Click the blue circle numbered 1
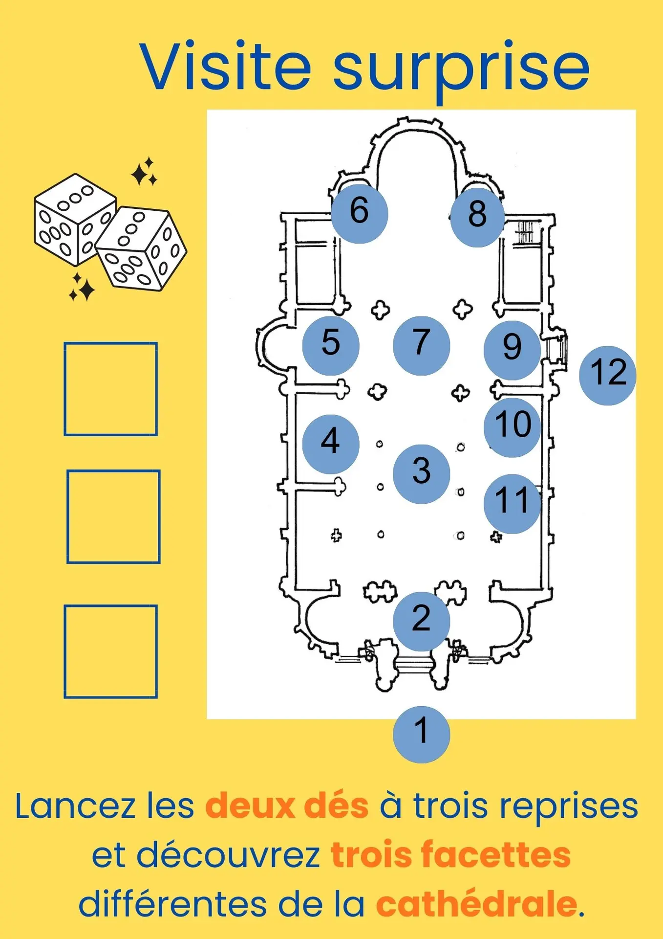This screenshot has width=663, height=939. tap(421, 734)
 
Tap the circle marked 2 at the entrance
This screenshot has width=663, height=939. tap(421, 621)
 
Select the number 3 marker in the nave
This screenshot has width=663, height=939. tap(421, 473)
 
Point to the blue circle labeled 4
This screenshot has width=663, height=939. tap(331, 444)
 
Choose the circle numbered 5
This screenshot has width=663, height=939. tap(331, 345)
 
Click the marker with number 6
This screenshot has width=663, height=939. tap(360, 214)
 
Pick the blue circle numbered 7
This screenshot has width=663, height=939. tap(421, 345)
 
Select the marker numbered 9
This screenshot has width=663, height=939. tap(512, 350)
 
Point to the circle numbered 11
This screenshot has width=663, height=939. tap(512, 503)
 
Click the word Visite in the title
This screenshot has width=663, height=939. tap(225, 66)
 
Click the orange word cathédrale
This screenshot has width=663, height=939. tap(476, 904)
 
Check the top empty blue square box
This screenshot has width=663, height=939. tap(111, 389)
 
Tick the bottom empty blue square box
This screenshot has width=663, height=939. tap(111, 651)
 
